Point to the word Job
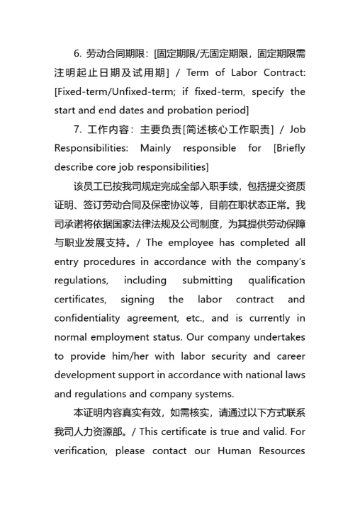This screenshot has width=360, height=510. click(298, 130)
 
